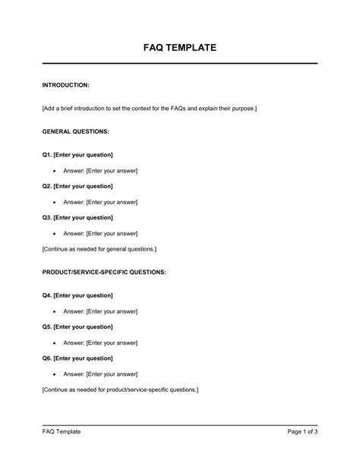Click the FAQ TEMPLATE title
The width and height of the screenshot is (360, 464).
pos(180,47)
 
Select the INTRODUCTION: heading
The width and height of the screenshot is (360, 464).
pos(67,85)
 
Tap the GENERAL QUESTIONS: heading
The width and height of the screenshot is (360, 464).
pos(77,131)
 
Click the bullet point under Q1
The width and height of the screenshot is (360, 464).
pos(55,171)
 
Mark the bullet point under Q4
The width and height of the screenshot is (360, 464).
pos(55,311)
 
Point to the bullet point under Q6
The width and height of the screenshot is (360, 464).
pos(55,374)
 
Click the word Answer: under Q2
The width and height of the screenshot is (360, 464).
pos(74,202)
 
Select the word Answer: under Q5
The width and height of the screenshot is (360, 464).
pos(74,342)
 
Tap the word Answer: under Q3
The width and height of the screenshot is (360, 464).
pos(74,233)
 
